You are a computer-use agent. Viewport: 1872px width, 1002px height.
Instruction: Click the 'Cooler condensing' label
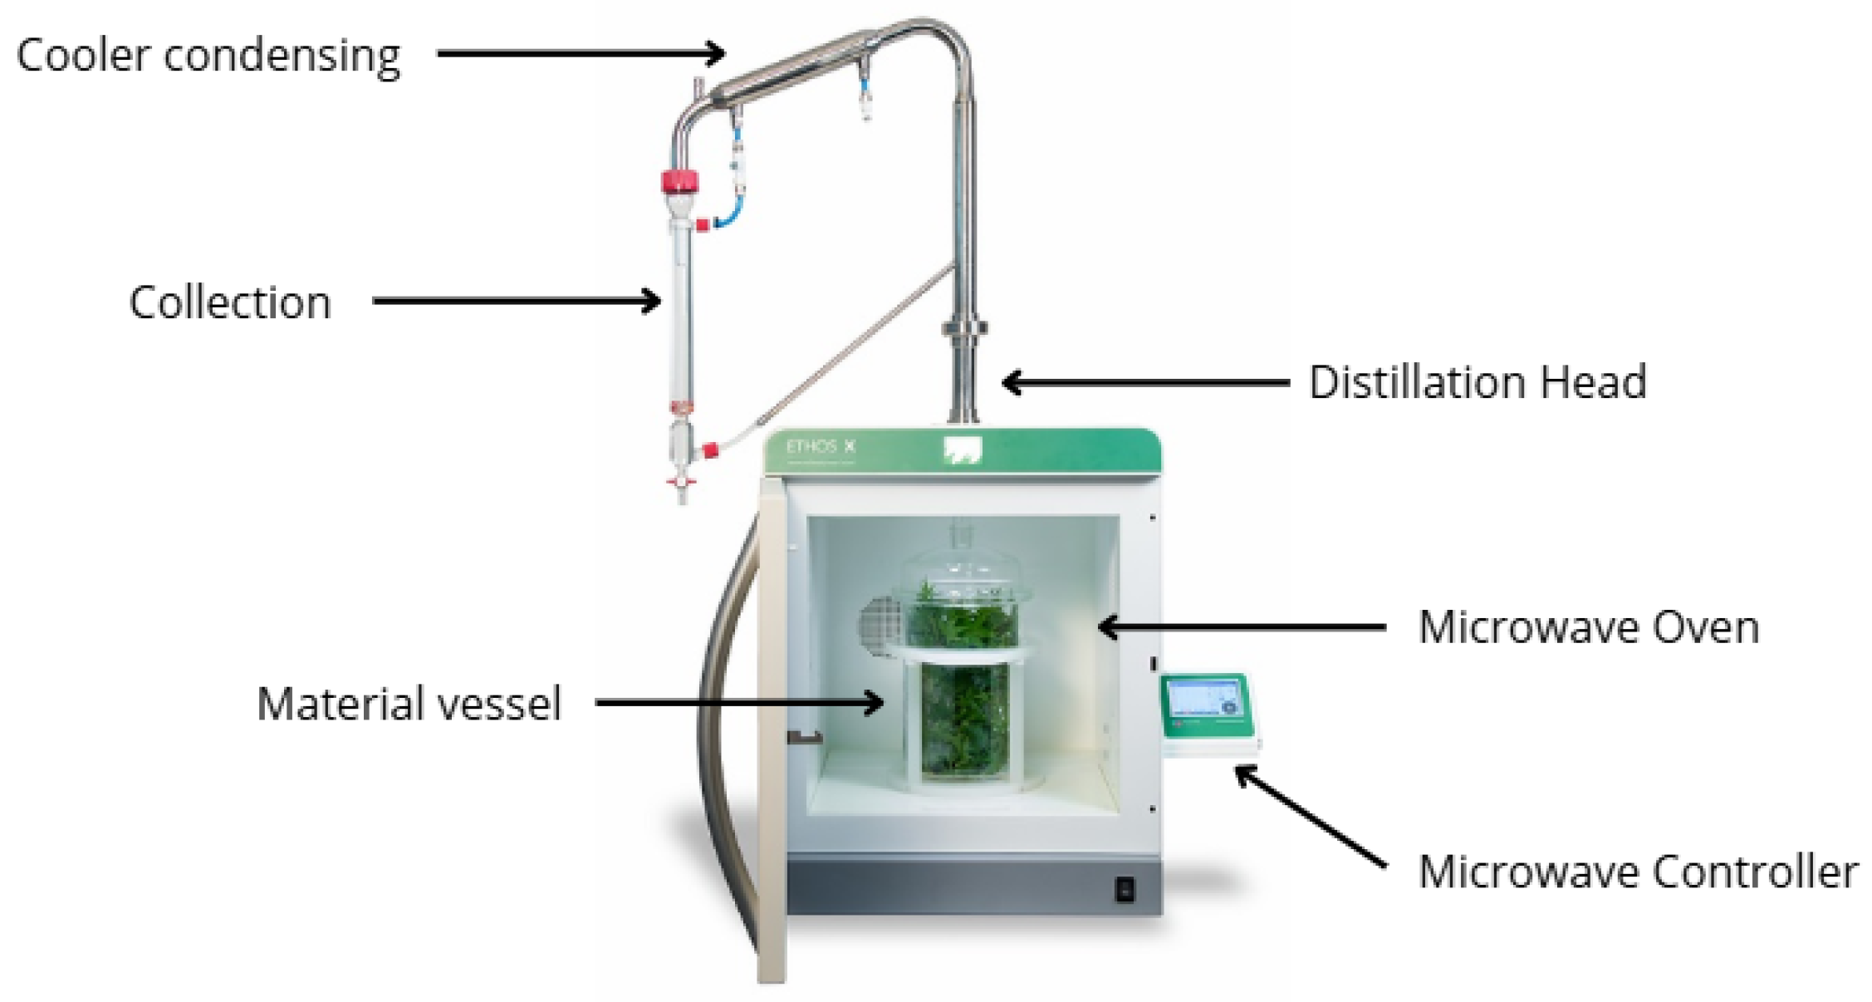[x=208, y=56]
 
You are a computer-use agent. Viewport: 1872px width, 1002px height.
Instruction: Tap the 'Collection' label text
[x=230, y=302]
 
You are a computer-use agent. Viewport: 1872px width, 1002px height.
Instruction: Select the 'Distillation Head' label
[x=1478, y=382]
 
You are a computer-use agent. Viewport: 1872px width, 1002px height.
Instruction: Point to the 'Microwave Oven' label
[x=1588, y=627]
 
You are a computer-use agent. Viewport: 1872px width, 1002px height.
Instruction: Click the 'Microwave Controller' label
[x=1637, y=872]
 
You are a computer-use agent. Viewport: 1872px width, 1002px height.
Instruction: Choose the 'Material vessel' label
[x=409, y=704]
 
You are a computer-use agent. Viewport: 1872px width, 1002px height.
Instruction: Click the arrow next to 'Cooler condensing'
[x=581, y=54]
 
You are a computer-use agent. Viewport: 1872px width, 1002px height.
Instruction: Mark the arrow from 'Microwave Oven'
[x=1242, y=627]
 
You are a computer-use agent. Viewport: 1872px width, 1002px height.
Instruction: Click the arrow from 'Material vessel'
[x=739, y=704]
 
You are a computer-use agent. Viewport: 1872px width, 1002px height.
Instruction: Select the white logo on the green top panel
[x=963, y=449]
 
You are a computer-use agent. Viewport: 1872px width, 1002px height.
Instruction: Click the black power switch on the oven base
[x=1124, y=889]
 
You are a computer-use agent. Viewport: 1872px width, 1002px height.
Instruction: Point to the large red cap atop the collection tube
[x=679, y=180]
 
